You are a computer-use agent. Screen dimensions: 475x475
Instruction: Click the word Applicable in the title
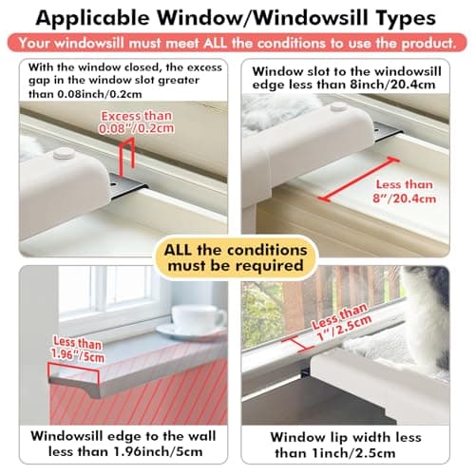[112, 18]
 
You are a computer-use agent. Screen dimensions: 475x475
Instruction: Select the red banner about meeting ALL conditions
[237, 44]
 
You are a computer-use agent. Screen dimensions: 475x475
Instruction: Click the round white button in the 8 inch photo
[337, 107]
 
